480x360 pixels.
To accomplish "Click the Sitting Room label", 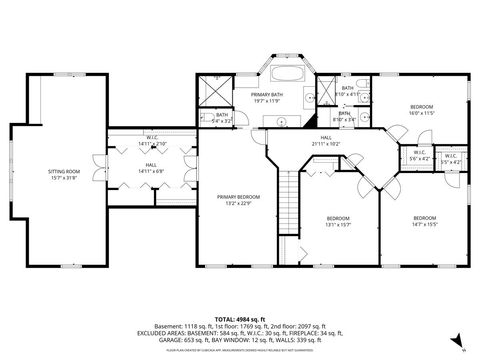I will [x=63, y=175].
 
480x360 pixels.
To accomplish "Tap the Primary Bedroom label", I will [x=237, y=199].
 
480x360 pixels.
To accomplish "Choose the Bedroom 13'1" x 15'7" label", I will [x=338, y=221].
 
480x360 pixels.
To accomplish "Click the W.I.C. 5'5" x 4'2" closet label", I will [x=450, y=157].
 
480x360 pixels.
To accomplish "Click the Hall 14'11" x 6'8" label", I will [x=150, y=168].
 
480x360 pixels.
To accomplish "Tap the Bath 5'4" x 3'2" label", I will [x=222, y=118].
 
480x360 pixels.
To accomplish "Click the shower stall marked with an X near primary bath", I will [x=214, y=88].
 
